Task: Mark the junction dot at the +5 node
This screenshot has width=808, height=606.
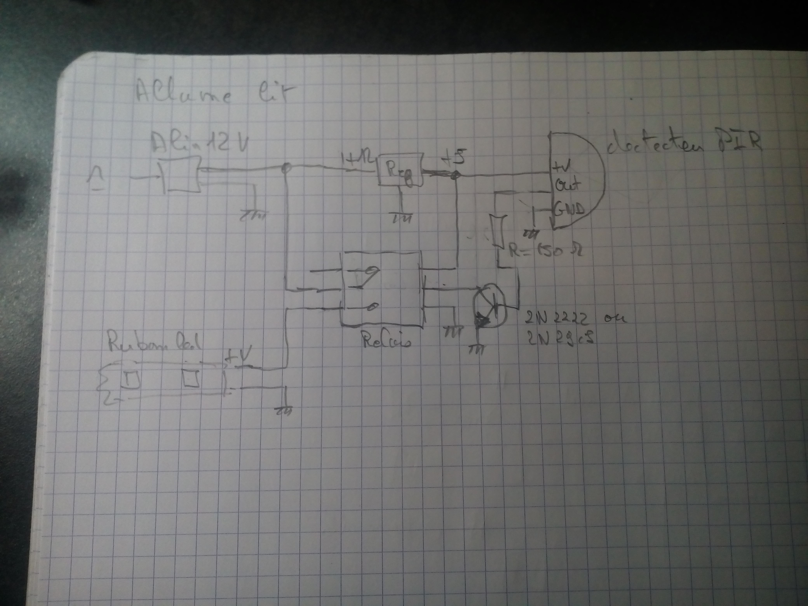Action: tap(455, 176)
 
